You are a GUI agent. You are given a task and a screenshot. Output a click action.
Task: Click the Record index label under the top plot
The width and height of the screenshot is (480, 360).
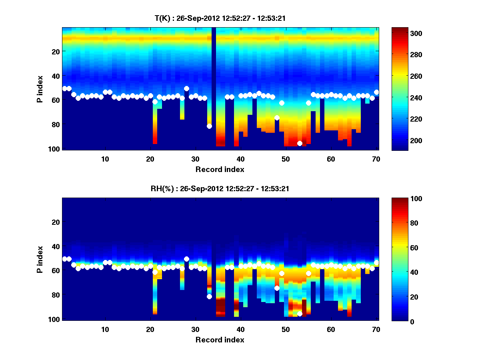tap(220, 169)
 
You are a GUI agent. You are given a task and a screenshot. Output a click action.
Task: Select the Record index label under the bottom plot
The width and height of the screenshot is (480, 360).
tap(220, 340)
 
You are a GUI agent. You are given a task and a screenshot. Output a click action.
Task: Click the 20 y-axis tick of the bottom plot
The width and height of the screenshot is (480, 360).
tap(55, 222)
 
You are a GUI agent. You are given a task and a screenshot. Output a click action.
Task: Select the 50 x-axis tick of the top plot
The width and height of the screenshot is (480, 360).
tap(286, 158)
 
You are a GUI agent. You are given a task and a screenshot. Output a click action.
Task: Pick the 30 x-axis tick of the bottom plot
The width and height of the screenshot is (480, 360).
tap(195, 329)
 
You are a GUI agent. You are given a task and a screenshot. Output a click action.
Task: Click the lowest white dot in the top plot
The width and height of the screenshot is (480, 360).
tap(300, 144)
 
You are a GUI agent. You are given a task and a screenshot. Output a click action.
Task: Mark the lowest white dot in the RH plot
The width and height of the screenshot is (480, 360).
tap(300, 314)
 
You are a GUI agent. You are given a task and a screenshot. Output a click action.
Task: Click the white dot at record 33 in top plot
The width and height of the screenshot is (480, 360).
tap(209, 126)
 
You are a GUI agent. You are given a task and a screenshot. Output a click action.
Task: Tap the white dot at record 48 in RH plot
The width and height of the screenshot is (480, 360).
tap(277, 288)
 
